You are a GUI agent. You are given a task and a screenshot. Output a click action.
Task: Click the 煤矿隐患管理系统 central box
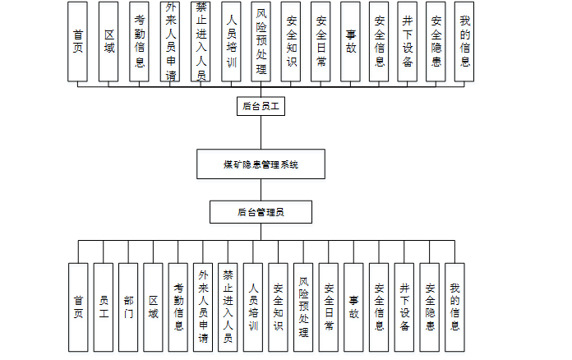(x=261, y=164)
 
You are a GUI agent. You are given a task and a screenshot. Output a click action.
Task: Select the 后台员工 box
(x=261, y=106)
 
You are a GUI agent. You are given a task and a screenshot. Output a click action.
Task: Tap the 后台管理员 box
(x=261, y=212)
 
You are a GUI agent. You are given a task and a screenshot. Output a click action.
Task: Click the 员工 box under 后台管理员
(x=103, y=307)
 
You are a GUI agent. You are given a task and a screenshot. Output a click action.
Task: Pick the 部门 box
(x=128, y=307)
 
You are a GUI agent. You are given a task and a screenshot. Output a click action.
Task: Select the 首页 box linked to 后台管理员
(x=78, y=307)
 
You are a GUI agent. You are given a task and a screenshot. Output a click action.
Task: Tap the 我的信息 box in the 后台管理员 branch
(x=455, y=307)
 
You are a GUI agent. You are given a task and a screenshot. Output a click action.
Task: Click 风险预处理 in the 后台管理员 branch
(x=304, y=307)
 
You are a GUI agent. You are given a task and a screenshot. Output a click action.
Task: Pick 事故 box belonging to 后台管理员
(x=354, y=307)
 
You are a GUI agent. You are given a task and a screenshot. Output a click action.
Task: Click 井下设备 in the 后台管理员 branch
(x=404, y=307)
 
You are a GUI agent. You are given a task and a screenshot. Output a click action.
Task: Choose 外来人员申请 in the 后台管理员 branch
(x=203, y=307)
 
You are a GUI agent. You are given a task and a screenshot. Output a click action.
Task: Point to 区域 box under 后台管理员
(x=153, y=307)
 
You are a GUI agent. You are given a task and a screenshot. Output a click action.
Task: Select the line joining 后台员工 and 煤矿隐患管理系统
(x=261, y=132)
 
